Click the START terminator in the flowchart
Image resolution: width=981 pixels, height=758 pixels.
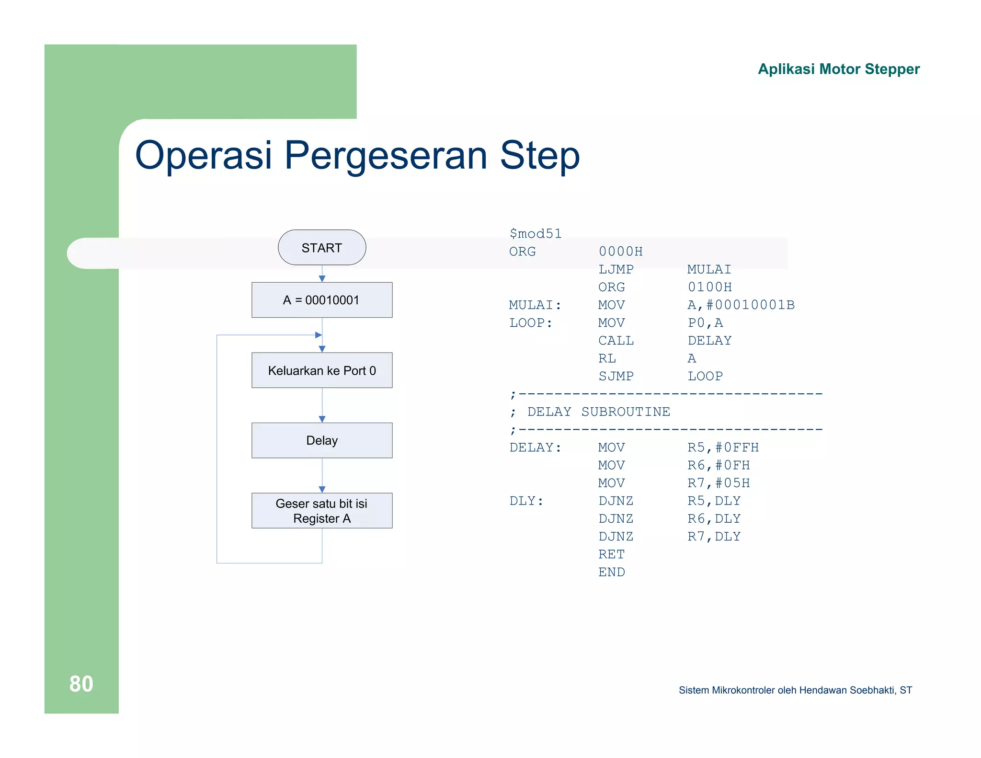pos(322,248)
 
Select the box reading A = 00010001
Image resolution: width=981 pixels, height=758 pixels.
pos(322,300)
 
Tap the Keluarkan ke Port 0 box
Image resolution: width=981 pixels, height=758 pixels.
pos(322,370)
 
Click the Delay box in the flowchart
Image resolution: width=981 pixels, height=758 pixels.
pos(322,440)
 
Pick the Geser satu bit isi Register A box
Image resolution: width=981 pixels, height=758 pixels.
pos(322,511)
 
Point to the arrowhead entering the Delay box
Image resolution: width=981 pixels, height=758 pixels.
pos(322,419)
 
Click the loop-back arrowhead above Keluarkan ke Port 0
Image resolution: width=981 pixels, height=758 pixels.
pos(318,335)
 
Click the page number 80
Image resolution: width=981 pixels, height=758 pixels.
pos(81,684)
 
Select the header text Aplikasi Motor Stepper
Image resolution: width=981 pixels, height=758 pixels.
pos(838,69)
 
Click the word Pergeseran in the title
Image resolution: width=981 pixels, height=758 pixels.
pos(386,155)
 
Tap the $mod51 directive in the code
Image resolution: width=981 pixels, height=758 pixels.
pos(535,234)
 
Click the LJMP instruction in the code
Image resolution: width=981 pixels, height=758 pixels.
pos(616,269)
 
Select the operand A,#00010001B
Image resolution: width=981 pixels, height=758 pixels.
pos(741,305)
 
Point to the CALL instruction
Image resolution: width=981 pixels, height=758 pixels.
pos(616,341)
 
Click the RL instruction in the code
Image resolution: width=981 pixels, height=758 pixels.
pos(607,358)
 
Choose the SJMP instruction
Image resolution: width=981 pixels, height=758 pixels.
pos(616,376)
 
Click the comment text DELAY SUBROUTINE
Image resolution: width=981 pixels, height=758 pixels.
pos(598,412)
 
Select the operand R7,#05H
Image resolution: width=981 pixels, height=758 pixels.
pos(719,483)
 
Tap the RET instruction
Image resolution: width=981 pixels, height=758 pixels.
pos(611,554)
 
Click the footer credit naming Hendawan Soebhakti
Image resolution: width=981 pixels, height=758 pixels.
pos(795,690)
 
